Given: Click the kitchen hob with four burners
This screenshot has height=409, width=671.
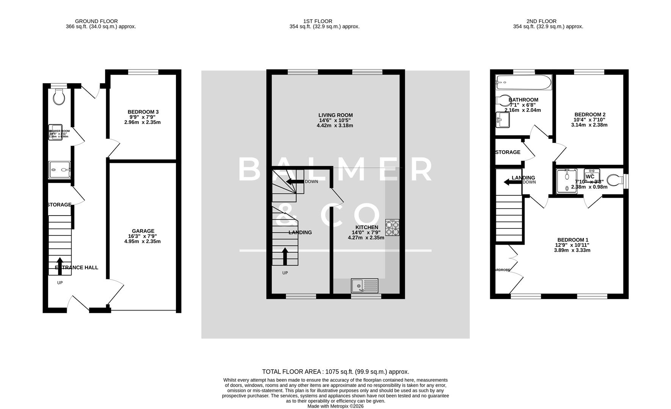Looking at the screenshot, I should [x=392, y=228].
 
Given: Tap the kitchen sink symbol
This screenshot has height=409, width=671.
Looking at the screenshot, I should [x=365, y=286].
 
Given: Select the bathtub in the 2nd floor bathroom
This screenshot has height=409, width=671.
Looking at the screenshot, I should [x=524, y=82].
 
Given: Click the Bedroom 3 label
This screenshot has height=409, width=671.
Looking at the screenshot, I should [x=143, y=112].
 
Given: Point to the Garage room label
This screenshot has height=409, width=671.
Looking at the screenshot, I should [x=143, y=231].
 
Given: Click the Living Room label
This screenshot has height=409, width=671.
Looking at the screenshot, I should [x=335, y=115].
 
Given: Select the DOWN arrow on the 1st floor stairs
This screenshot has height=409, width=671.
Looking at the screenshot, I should [x=292, y=181].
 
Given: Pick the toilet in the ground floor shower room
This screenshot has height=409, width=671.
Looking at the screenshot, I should [x=59, y=97].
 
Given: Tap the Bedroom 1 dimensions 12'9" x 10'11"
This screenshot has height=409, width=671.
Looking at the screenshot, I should [x=572, y=245].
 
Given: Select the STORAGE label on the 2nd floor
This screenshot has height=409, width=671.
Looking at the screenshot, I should [x=508, y=152].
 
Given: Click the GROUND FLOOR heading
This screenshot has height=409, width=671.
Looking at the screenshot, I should [x=96, y=21].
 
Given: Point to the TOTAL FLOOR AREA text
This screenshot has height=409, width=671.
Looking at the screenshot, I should [x=335, y=372].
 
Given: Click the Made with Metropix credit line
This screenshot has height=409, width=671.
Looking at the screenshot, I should [x=335, y=406].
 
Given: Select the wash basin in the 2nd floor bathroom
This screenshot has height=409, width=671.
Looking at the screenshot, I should [x=503, y=120].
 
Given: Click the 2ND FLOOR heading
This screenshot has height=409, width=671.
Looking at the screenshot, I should [x=541, y=21].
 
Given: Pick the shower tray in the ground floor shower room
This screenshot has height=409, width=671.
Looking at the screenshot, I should [x=60, y=170].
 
